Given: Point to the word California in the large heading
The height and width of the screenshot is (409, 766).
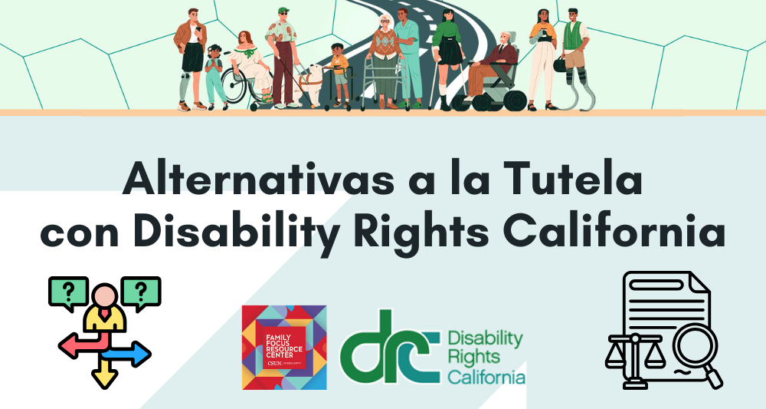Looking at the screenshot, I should pos(613,231).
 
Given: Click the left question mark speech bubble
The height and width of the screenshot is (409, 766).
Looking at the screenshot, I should pos(67,292).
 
